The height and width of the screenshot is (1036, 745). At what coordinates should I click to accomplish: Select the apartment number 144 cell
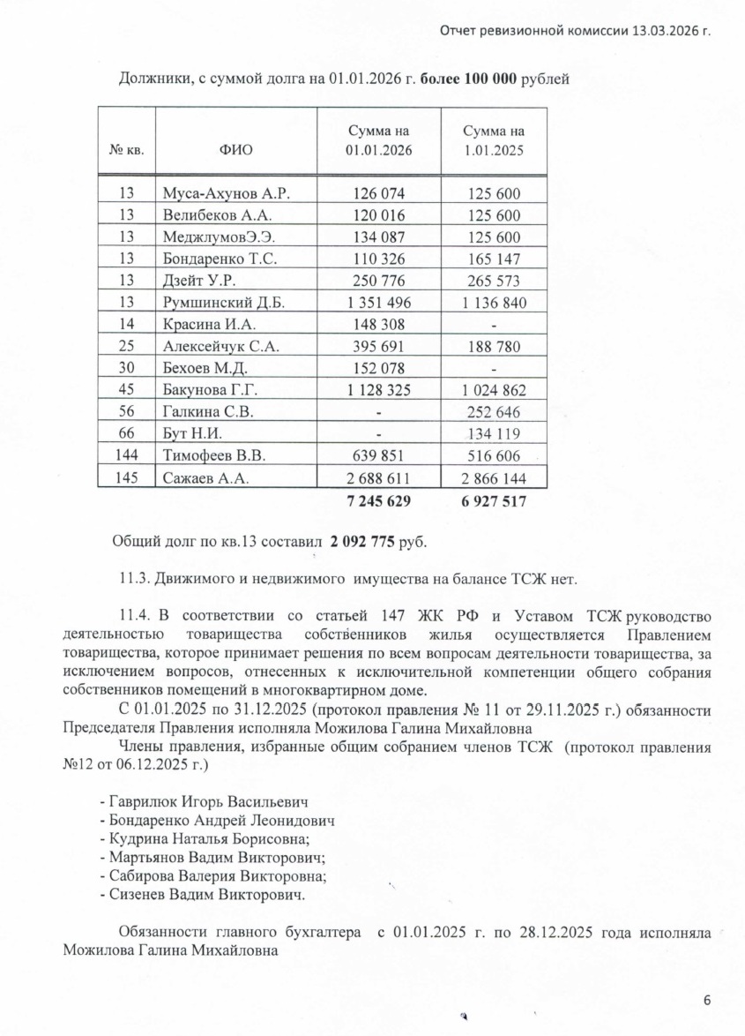(x=126, y=456)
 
